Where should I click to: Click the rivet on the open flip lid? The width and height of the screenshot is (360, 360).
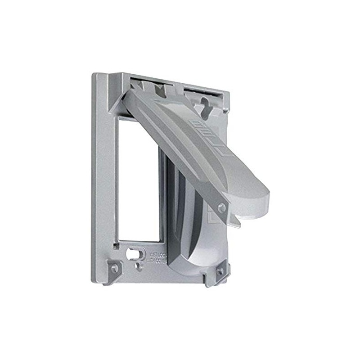pyautogui.click(x=221, y=207)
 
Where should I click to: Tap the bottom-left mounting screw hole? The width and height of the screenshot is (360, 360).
pyautogui.click(x=114, y=268)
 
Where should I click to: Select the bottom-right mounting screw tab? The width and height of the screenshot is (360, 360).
pyautogui.click(x=220, y=271)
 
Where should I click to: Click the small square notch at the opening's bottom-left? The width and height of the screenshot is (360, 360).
pyautogui.click(x=117, y=245)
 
